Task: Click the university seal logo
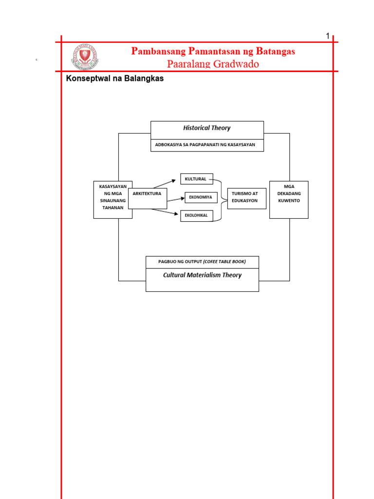(x=86, y=58)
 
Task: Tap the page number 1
(x=328, y=36)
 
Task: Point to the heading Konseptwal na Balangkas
(x=114, y=78)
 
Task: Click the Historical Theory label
(x=206, y=128)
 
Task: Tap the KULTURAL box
(x=196, y=179)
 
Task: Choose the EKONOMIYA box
(x=201, y=197)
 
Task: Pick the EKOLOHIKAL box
(x=196, y=215)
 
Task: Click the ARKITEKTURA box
(x=147, y=194)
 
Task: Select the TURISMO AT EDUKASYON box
(x=246, y=197)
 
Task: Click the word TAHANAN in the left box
(x=113, y=208)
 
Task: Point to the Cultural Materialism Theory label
(x=202, y=275)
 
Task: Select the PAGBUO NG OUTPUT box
(x=202, y=262)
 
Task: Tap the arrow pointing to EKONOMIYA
(x=175, y=199)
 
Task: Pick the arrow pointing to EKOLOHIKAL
(x=166, y=211)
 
